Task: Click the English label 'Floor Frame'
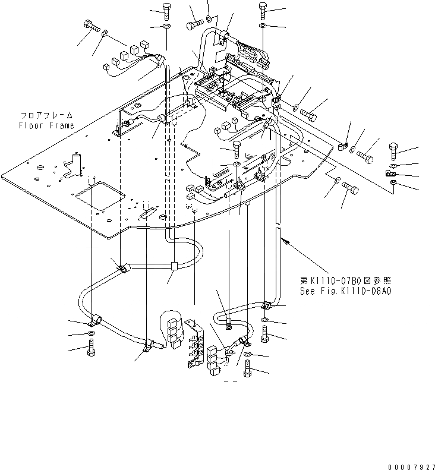(46, 125)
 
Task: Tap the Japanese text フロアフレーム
(47, 116)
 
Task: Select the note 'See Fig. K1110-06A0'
(346, 291)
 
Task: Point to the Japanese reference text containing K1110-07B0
(346, 280)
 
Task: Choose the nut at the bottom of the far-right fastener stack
(393, 187)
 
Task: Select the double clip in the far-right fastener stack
(391, 174)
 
